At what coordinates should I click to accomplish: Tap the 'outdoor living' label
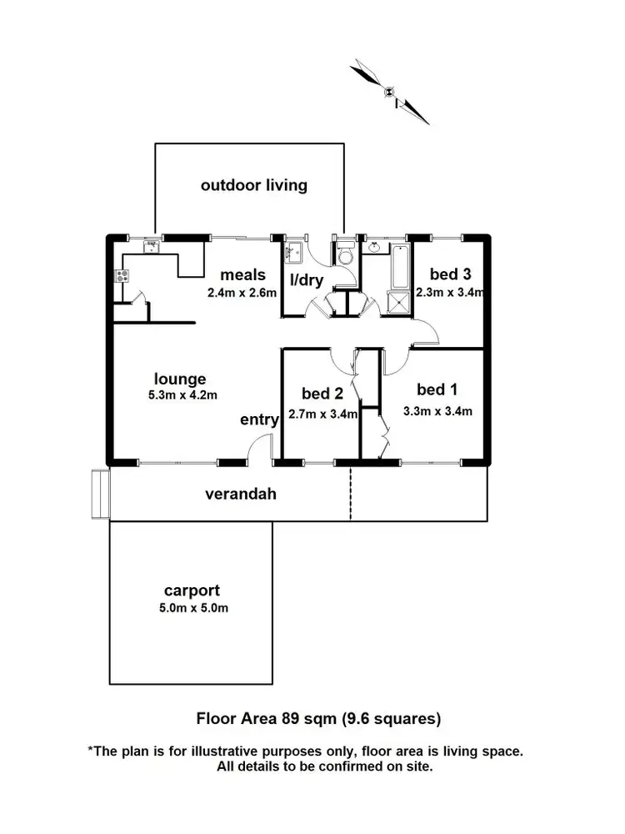point(253,185)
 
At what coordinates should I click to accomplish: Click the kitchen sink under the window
point(152,247)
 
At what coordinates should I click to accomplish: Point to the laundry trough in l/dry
point(294,251)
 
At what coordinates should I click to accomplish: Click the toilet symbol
point(346,254)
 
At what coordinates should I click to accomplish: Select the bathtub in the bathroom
point(401,267)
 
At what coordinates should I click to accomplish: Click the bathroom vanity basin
point(375,247)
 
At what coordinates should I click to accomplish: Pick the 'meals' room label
point(242,274)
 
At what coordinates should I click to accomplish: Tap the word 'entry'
point(258,420)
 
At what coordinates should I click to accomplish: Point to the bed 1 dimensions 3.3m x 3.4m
point(438,410)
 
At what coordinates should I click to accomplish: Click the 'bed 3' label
point(449,274)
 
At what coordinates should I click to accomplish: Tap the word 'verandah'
point(241,494)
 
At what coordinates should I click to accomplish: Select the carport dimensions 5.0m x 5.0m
point(193,608)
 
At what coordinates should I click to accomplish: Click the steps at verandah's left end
point(101,494)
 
